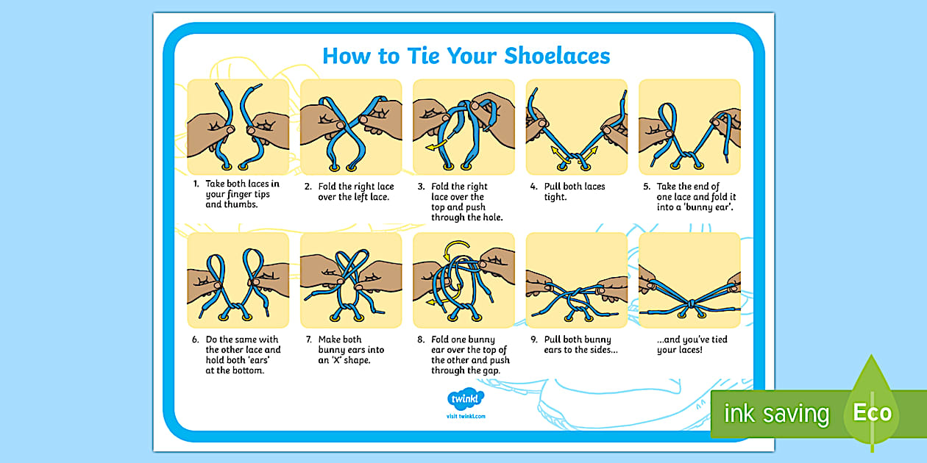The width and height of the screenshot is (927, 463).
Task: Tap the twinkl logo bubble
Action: pos(466,399)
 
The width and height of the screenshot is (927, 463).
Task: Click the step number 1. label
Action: pos(196,184)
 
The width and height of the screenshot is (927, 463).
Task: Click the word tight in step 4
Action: pos(555,197)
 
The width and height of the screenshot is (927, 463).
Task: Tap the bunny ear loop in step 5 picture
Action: pos(669,118)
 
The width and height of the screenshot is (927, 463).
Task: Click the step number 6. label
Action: pos(196,340)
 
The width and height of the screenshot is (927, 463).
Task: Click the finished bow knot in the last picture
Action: pos(690,304)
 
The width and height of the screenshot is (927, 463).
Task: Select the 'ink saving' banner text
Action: pos(776,414)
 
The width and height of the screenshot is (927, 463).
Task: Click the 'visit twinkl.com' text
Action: pos(466,416)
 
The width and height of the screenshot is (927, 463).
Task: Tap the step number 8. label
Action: pos(422,340)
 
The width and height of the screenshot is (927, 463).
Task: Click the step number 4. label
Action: pos(534,187)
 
